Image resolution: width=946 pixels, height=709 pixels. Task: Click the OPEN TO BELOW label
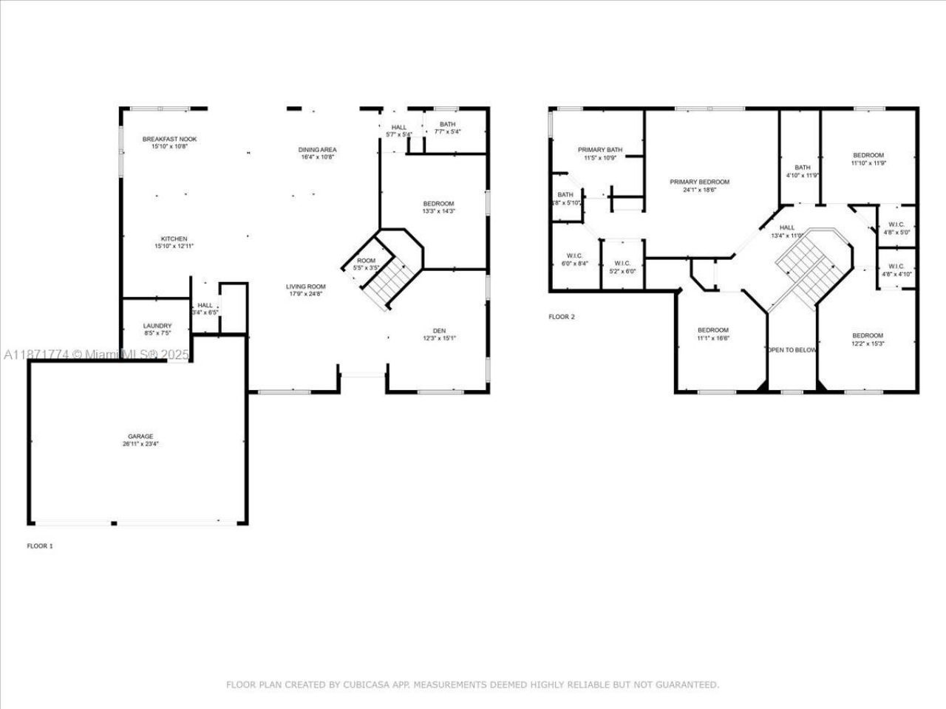792,350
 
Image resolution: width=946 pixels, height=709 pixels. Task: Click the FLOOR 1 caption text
40,547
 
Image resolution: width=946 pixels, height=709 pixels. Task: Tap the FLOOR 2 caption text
561,317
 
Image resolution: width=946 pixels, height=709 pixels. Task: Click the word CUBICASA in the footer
365,685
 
